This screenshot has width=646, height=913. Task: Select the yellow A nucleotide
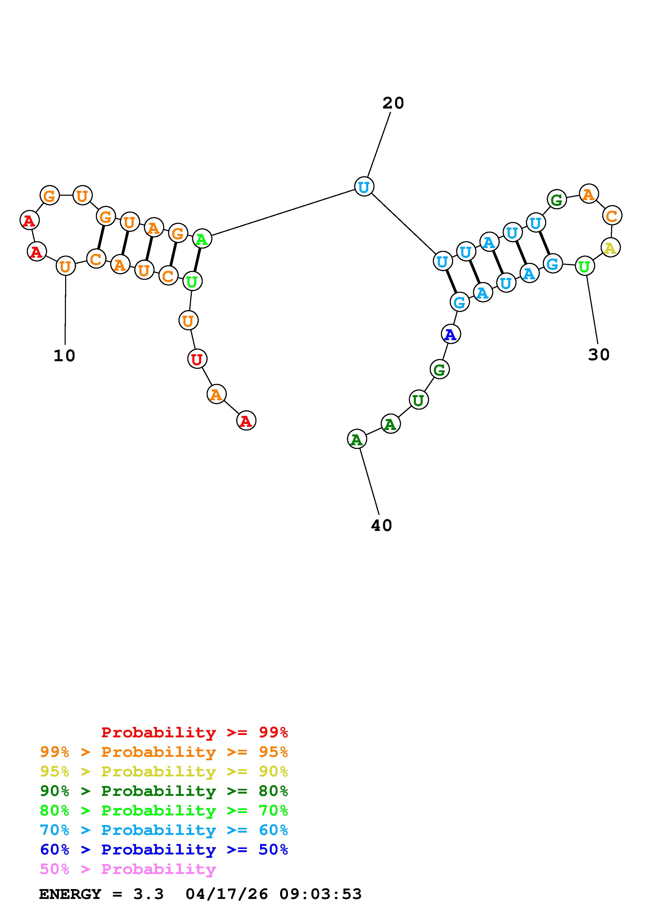point(610,248)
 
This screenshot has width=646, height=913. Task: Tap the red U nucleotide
point(197,359)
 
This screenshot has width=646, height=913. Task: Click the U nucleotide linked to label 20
point(364,187)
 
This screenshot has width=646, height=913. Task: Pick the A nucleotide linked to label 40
point(357,439)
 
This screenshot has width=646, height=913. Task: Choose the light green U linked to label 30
point(584,266)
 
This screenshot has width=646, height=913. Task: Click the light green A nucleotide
point(202,239)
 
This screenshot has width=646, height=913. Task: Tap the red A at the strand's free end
point(246,421)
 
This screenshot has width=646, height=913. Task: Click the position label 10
point(64,356)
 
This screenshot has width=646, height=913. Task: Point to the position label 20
point(393,103)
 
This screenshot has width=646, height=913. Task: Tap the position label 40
point(381,525)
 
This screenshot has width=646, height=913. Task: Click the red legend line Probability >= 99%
point(194,732)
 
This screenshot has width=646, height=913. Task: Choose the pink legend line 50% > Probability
point(128,869)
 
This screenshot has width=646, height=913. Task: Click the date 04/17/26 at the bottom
point(227,894)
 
